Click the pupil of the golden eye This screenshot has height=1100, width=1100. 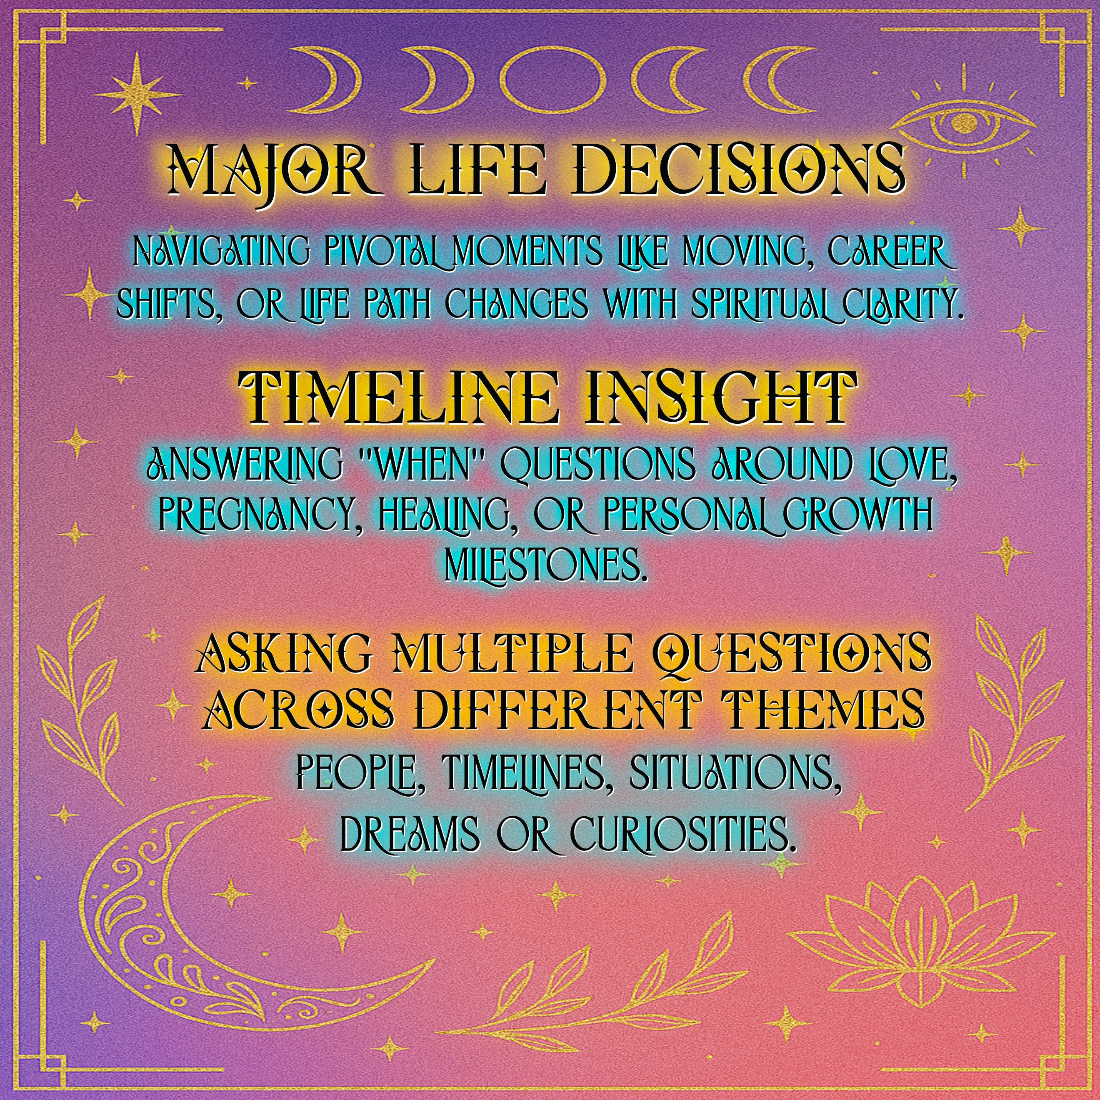pos(963,121)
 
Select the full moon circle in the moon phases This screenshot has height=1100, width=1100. pos(551,80)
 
